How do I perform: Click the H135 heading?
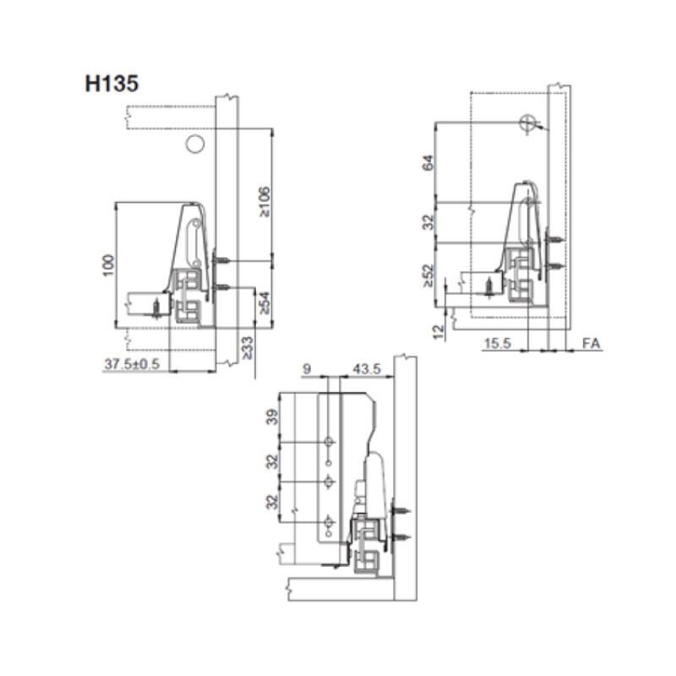[112, 84]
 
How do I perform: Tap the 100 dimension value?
[109, 265]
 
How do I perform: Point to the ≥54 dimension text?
[264, 303]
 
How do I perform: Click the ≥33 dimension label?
[248, 348]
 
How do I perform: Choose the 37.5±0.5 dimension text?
[132, 364]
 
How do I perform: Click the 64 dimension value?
[428, 162]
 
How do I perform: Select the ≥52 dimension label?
[428, 275]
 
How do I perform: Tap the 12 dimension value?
[439, 331]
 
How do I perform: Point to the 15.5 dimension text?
[498, 344]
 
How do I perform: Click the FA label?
[591, 344]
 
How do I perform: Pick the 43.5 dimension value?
[367, 369]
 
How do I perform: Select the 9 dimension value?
[307, 369]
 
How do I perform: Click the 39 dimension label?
[273, 417]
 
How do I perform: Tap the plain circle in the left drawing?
[195, 144]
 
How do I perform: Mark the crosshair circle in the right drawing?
[527, 123]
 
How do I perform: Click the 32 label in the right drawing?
[428, 222]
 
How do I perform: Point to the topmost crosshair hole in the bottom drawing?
[329, 442]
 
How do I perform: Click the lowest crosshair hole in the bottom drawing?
[329, 522]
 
